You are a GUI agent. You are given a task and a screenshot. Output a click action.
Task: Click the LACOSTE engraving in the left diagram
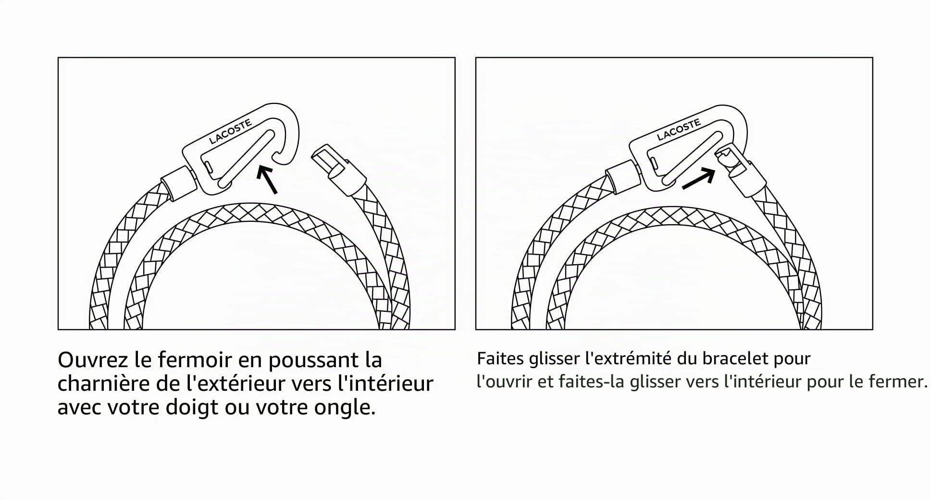231,131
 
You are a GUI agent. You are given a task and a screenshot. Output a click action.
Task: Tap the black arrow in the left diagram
267,179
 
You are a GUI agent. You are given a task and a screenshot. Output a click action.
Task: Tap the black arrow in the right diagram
698,179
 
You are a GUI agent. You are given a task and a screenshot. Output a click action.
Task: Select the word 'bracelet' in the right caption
735,359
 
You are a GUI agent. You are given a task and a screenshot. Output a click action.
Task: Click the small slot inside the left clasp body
208,167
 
